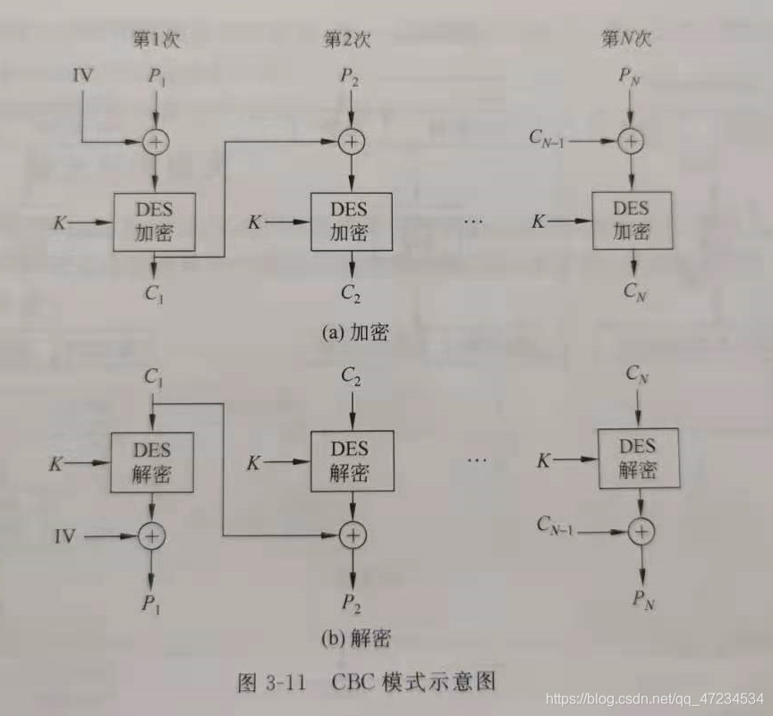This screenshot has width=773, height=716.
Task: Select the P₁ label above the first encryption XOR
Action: (x=157, y=77)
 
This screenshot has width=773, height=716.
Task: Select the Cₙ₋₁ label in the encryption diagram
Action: (x=552, y=139)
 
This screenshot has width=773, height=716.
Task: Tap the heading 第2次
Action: (x=347, y=39)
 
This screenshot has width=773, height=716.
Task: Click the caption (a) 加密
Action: (x=355, y=332)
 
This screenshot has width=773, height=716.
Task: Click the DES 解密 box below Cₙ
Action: (x=638, y=459)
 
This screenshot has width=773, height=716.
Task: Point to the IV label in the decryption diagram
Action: (x=64, y=536)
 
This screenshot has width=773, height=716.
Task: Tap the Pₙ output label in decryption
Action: (x=642, y=600)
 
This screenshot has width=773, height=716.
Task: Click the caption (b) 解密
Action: (x=356, y=638)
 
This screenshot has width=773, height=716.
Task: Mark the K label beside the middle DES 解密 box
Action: (x=254, y=463)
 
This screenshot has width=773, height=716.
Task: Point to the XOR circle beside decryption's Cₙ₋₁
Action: (x=641, y=530)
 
